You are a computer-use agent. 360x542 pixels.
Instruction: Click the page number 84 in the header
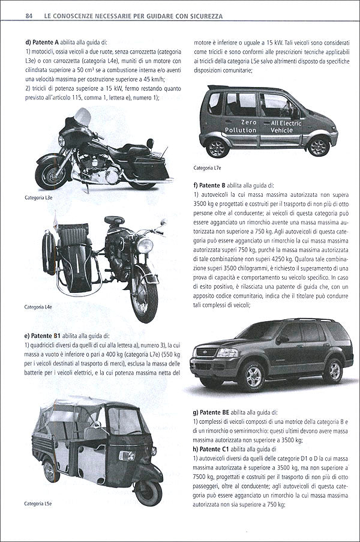(x=28, y=16)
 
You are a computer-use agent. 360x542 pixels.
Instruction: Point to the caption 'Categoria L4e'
(x=38, y=307)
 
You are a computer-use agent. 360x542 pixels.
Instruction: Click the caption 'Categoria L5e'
(x=38, y=504)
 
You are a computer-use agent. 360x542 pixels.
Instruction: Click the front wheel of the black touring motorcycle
(x=50, y=174)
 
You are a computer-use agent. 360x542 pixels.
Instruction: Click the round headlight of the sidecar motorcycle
(x=145, y=246)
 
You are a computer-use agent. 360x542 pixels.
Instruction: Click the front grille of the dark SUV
(x=206, y=351)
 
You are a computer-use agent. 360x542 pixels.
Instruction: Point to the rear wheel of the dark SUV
(x=332, y=369)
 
